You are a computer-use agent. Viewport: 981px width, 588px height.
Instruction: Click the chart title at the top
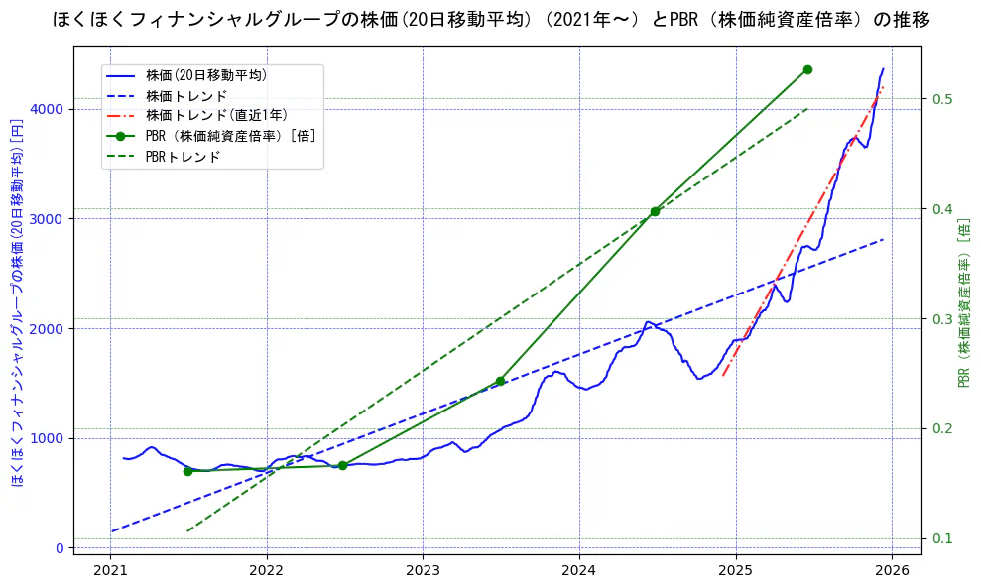[x=491, y=19]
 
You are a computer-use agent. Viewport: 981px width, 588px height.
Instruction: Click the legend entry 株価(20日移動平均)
[x=205, y=74]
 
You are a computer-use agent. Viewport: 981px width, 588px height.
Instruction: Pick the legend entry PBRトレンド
[x=183, y=157]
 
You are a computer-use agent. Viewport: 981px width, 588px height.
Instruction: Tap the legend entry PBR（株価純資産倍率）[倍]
[x=230, y=136]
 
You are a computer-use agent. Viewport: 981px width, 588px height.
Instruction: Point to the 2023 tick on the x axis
[x=423, y=571]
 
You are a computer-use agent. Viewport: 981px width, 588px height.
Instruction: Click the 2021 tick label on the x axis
[x=110, y=571]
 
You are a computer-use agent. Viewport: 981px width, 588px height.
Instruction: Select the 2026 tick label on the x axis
[x=892, y=571]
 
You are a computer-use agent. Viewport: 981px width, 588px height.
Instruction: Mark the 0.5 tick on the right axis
[x=941, y=99]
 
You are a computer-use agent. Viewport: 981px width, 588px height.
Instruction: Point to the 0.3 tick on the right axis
[x=941, y=319]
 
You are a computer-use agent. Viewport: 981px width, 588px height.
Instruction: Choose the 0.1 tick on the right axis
[x=941, y=539]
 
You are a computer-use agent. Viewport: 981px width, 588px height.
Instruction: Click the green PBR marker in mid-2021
[x=187, y=471]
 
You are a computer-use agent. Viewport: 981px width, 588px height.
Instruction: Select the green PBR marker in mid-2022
[x=342, y=465]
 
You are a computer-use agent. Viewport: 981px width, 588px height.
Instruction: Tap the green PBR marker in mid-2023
[x=500, y=381]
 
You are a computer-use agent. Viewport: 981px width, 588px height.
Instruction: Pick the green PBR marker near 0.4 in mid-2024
[x=655, y=211]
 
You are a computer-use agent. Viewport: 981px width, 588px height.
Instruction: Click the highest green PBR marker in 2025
[x=807, y=69]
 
